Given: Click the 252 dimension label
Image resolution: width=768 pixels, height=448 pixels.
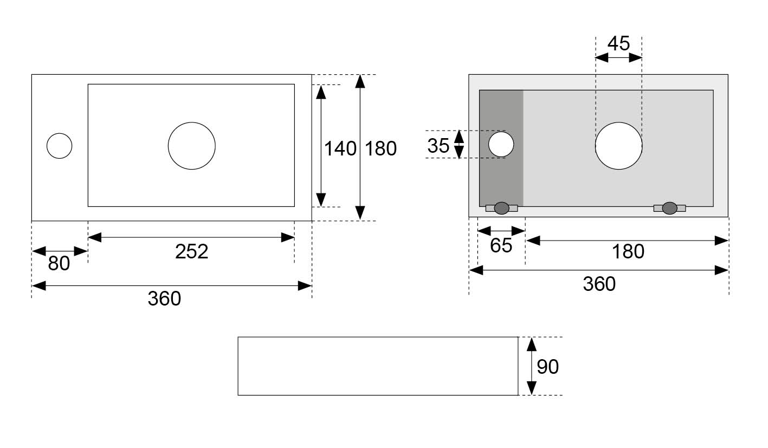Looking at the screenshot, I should coord(191,251).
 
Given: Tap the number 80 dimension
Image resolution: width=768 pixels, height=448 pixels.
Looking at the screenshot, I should coord(59,263).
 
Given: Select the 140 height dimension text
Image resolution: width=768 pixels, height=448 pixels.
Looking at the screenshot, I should coord(340,148).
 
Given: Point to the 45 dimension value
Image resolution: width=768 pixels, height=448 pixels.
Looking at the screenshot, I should coord(618,43).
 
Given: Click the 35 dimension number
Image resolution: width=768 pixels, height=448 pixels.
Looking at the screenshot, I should coord(438,146).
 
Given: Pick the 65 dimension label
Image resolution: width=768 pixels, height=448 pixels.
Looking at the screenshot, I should coord(501,245).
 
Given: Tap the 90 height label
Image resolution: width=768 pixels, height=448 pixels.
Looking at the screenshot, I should coord(547,367).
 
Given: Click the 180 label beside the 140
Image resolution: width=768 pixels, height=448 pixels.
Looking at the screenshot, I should coord(381,148).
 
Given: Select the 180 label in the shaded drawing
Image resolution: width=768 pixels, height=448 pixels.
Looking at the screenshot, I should coord(628,251).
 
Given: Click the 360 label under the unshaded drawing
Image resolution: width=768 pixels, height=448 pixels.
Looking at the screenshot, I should coord(164,298).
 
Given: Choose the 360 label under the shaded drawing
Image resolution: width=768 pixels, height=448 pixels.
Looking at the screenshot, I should coord(599,284).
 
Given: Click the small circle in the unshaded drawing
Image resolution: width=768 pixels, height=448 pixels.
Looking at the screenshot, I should coord(60,146).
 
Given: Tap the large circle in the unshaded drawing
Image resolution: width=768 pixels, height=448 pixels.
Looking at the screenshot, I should coord(192,146).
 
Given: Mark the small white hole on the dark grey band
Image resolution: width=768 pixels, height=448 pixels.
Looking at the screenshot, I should coord(501,144).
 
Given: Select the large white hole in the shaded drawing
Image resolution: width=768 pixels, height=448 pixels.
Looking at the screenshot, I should coord(618,146).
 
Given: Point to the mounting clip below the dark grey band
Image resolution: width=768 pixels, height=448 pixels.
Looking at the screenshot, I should coord(501,208).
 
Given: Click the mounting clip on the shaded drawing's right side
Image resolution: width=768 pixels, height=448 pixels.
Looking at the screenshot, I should coord(669,208).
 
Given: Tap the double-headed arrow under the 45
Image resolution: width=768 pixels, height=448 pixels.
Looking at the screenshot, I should coord(618,57).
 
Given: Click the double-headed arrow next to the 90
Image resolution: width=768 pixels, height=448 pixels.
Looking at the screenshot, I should coord(532,366).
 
